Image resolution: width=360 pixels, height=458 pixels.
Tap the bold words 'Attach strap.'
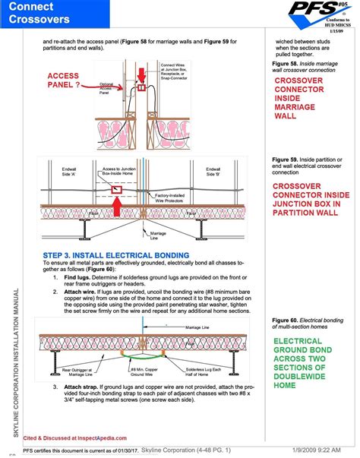pos(84,387)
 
